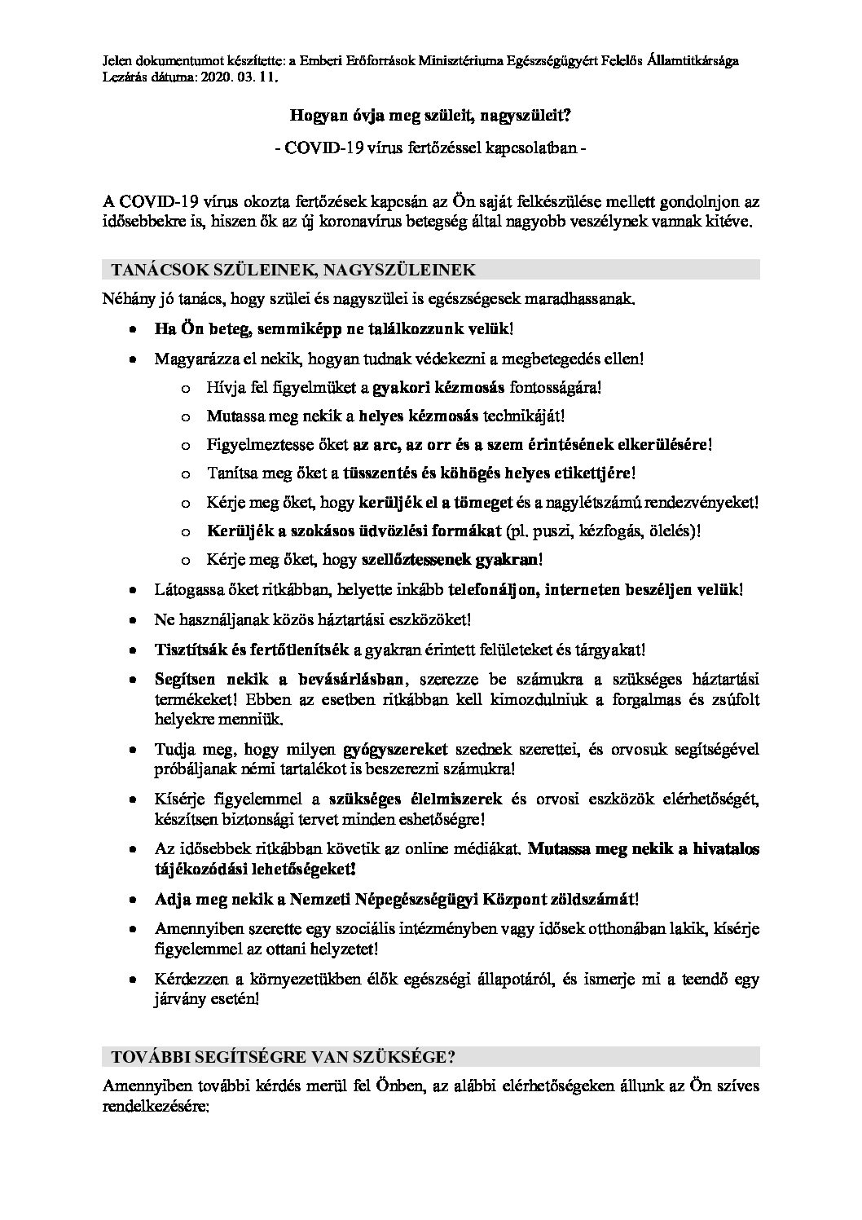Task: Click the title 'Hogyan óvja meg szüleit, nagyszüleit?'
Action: click(431, 116)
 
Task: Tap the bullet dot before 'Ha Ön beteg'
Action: click(133, 329)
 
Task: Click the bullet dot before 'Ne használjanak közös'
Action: click(133, 621)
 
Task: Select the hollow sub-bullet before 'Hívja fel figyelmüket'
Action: click(186, 388)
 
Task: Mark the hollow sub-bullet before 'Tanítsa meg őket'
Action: click(186, 473)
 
